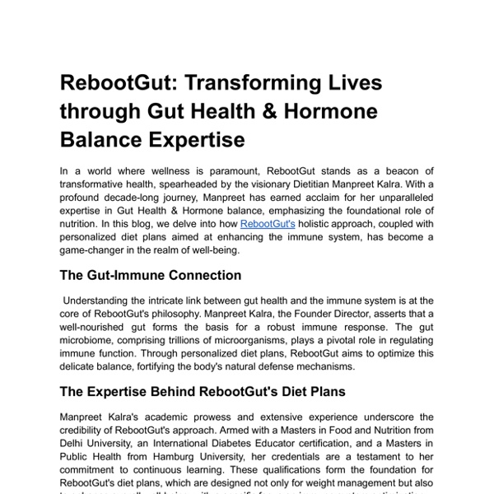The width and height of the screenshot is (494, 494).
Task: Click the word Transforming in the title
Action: tap(251, 83)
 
